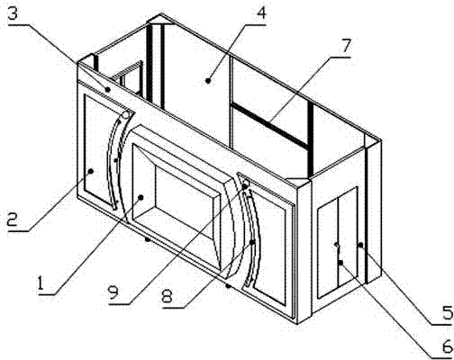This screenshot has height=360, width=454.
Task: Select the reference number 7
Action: pos(345,46)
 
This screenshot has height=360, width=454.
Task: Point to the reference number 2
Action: pos(13,220)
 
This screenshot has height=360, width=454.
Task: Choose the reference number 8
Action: pos(167,296)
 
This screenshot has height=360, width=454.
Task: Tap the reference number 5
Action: pos(447,313)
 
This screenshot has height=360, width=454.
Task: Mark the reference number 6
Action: pos(447,346)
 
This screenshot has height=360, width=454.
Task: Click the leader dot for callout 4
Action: pos(208,80)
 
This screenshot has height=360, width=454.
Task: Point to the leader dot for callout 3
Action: pos(108,89)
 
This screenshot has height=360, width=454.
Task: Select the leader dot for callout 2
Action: pos(91,171)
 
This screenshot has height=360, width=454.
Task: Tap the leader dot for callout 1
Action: pos(141,197)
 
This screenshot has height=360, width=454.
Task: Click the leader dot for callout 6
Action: pos(340,263)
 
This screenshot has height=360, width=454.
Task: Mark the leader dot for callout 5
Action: pos(360,246)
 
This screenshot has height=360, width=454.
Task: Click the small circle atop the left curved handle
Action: pos(126,114)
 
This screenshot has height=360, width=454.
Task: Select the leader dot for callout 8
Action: pos(253,242)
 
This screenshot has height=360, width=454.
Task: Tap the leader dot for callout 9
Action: pos(245,186)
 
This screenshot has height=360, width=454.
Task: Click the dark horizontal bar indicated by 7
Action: pos(270,125)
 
